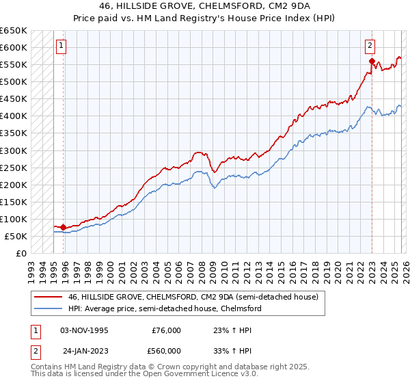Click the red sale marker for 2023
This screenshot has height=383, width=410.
pyautogui.click(x=372, y=62)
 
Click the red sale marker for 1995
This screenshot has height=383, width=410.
pyautogui.click(x=64, y=227)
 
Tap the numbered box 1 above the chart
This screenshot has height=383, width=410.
pyautogui.click(x=61, y=46)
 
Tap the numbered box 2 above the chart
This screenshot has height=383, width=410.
pyautogui.click(x=370, y=46)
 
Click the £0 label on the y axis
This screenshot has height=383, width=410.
pyautogui.click(x=20, y=253)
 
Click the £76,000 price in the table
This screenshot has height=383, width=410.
pyautogui.click(x=167, y=330)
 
